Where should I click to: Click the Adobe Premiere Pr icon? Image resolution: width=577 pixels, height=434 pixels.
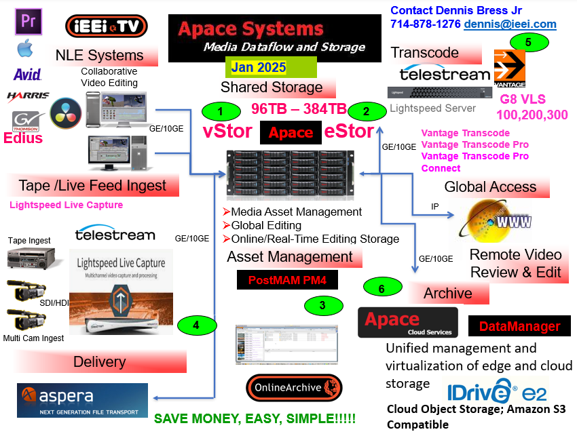point(28,22)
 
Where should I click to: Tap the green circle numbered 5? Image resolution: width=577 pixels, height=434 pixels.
point(529,41)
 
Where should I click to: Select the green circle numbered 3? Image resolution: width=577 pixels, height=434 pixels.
point(323,305)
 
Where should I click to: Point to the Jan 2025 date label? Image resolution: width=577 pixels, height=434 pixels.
point(258,67)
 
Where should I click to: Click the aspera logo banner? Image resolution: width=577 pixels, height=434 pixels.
point(82,399)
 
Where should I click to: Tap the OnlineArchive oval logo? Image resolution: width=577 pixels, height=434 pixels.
point(294,388)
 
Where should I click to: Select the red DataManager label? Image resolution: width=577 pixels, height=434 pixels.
point(519,326)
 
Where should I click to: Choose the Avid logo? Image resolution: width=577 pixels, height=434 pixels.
point(26,74)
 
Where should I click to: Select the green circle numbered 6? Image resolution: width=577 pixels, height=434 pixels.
point(381,288)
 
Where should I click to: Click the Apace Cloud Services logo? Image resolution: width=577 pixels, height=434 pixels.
point(408,322)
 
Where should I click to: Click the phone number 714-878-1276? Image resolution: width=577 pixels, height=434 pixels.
point(425,24)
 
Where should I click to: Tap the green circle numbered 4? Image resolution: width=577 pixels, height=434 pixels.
point(196,325)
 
